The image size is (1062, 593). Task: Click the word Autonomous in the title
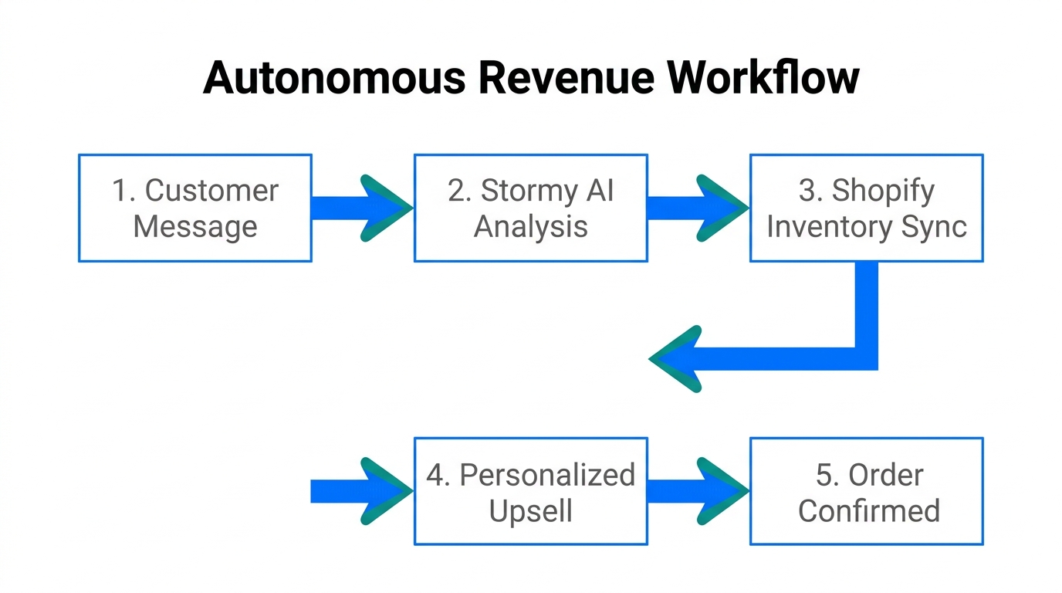coord(335,78)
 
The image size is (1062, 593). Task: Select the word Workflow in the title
coord(763,78)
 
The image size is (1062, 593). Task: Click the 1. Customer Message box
coord(194,208)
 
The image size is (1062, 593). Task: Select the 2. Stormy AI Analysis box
coord(530,208)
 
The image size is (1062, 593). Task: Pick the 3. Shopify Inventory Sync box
coord(866,208)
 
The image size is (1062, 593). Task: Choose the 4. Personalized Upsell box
coord(530,491)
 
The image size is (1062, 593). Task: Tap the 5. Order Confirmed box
coord(866,491)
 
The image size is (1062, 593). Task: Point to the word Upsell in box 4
coord(530,511)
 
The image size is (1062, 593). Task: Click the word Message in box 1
coord(194,227)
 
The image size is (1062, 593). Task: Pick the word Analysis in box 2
coord(530,227)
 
